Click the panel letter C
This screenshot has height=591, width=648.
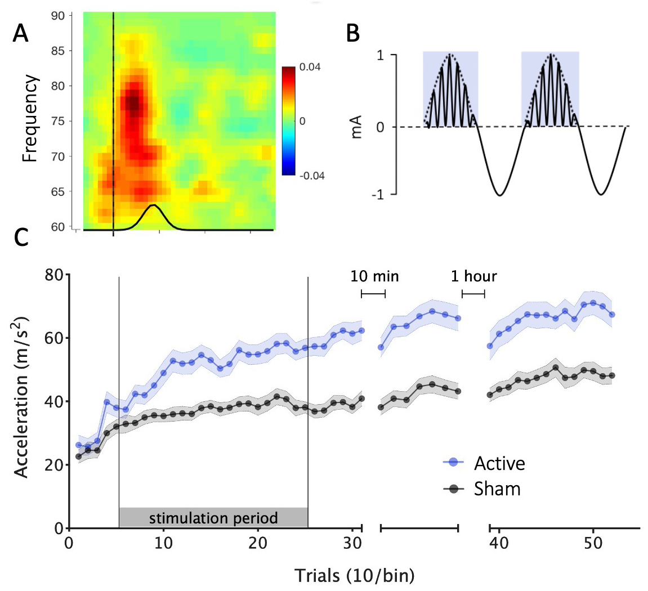pyautogui.click(x=21, y=237)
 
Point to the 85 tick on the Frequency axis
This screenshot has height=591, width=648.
pyautogui.click(x=58, y=51)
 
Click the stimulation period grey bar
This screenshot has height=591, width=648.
pyautogui.click(x=213, y=517)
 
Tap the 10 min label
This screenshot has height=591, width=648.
pyautogui.click(x=374, y=276)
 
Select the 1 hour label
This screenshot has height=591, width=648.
pyautogui.click(x=473, y=276)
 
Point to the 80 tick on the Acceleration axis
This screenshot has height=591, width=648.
pyautogui.click(x=55, y=275)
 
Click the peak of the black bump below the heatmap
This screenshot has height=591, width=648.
pyautogui.click(x=152, y=205)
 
